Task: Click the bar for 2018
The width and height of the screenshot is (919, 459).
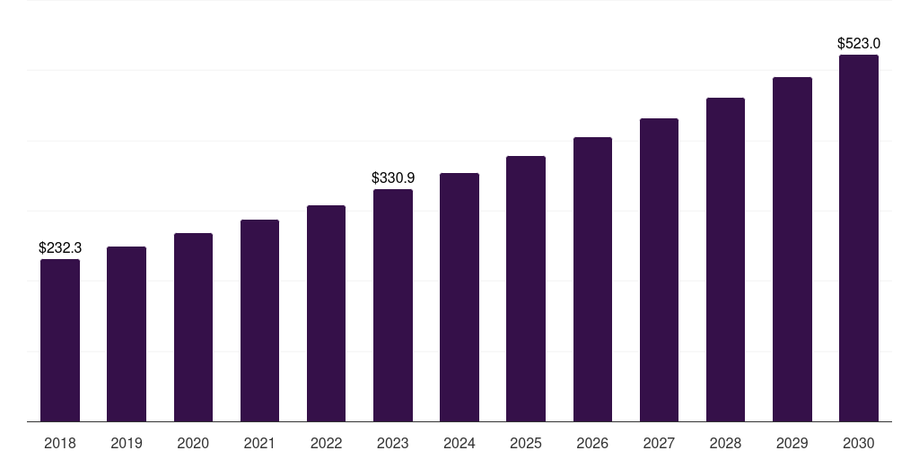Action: (x=60, y=341)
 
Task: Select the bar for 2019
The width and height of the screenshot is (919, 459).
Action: (x=127, y=334)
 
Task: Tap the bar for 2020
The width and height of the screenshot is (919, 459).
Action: (x=193, y=327)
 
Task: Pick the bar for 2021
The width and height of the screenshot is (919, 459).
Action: (x=259, y=321)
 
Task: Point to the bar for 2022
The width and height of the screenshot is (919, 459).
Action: (x=326, y=314)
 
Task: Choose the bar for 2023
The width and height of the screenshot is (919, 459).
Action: (x=393, y=306)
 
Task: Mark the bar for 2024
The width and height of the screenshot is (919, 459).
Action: (x=459, y=298)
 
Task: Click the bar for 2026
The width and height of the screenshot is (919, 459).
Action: (x=592, y=280)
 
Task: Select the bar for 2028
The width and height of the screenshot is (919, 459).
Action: (x=725, y=260)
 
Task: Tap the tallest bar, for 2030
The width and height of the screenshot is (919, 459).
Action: (x=859, y=238)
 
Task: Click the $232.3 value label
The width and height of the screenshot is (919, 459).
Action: (x=60, y=248)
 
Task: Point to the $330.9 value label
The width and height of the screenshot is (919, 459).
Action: (x=393, y=178)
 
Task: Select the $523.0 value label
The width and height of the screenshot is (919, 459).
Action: (x=859, y=43)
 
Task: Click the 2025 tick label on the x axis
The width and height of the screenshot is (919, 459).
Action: (x=526, y=443)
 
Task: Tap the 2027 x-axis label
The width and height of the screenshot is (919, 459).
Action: (x=659, y=443)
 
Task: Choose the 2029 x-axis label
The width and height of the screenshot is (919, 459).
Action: (x=792, y=443)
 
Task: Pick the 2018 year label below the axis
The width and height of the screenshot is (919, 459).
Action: (x=60, y=443)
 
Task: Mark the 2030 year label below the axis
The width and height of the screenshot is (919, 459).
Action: (x=859, y=443)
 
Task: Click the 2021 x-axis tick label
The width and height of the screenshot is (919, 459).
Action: (x=259, y=443)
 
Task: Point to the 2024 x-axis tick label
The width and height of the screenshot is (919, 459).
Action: (x=459, y=443)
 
